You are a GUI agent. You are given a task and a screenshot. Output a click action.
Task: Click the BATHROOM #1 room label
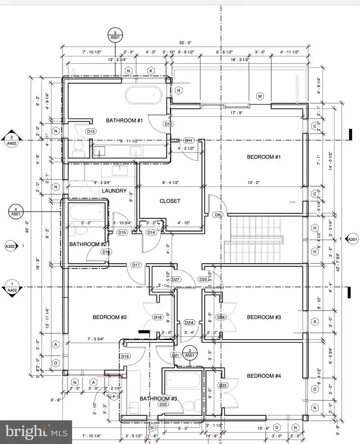pos(124,120)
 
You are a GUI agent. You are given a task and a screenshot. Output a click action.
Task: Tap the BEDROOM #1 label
pos(263,157)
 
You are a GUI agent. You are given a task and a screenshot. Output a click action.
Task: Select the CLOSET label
pos(170,201)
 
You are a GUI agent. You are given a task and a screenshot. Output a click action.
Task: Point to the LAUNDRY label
pos(114,191)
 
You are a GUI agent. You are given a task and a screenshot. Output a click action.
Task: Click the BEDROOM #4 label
pos(263,376)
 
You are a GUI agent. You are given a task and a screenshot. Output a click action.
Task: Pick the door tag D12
pos(168,124)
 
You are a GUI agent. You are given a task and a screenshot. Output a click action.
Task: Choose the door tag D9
pos(217,215)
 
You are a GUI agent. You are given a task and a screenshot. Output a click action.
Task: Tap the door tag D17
pos(136,265)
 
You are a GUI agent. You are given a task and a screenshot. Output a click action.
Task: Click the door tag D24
pos(189,323)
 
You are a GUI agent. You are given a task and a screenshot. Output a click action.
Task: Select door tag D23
pos(223,386)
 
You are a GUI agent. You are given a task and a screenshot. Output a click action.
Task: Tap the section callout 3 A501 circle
pos(189,352)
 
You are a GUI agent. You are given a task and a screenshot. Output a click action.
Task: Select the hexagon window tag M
pos(260,96)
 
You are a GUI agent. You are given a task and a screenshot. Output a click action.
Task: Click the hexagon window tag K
pos(151,71)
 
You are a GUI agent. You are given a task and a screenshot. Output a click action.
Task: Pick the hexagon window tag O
pos(56,363)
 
